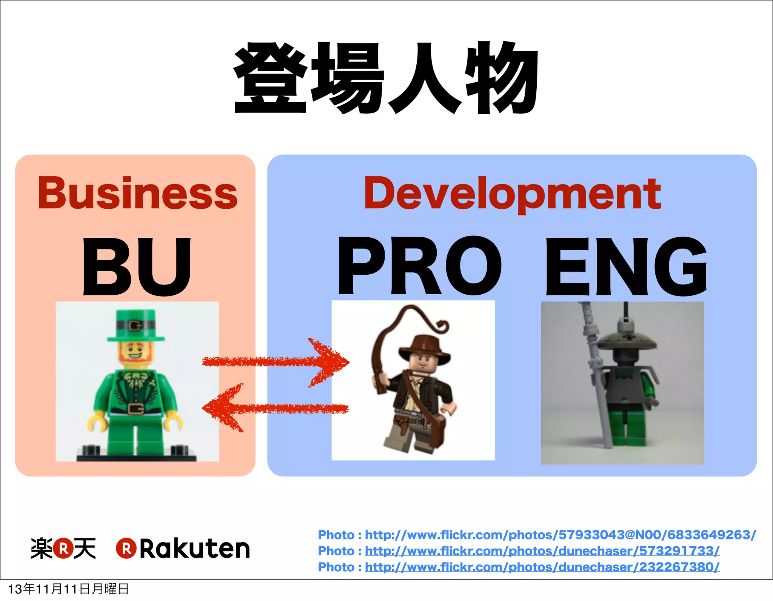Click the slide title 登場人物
386,78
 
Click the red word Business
137,193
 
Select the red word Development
512,193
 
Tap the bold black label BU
137,266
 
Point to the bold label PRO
419,266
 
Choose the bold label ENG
626,266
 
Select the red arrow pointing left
276,408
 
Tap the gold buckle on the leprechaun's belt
135,409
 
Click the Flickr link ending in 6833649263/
560,535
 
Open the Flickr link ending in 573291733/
542,551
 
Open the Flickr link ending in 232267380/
542,567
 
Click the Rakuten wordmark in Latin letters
195,549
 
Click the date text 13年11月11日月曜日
68,589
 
